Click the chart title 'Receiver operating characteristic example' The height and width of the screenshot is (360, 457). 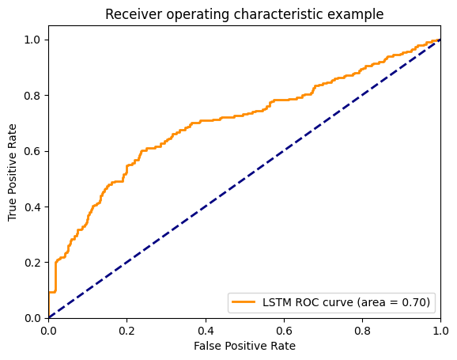pos(244,13)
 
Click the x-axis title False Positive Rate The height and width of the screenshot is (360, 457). pos(244,345)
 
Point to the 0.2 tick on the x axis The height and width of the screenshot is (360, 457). pos(127,328)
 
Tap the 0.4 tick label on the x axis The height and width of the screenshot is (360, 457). pos(206,328)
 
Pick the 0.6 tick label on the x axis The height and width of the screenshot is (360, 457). pos(284,328)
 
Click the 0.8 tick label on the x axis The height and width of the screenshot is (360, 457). pos(362,328)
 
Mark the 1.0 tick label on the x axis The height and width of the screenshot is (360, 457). pos(440,328)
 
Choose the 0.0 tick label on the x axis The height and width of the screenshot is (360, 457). pos(49,328)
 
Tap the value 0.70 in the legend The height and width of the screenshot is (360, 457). pos(415,301)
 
